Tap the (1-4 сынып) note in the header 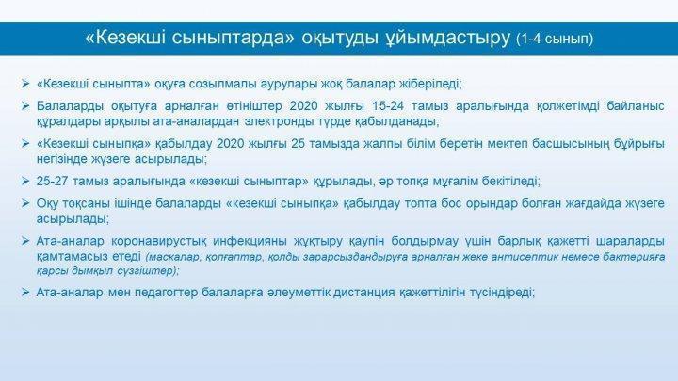pos(555,39)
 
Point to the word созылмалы pos(228,84)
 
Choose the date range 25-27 pos(52,181)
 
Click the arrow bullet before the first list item pos(25,84)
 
